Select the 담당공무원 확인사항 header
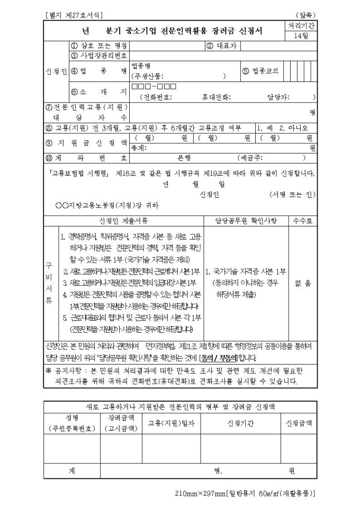pos(246,220)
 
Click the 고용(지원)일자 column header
pos(171,423)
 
